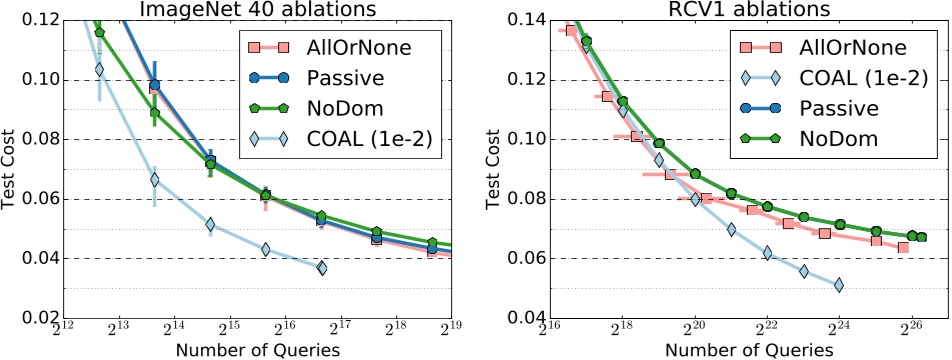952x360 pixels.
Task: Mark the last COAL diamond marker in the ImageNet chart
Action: pyautogui.click(x=321, y=267)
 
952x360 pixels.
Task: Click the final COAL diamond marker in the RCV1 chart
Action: pyautogui.click(x=839, y=285)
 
